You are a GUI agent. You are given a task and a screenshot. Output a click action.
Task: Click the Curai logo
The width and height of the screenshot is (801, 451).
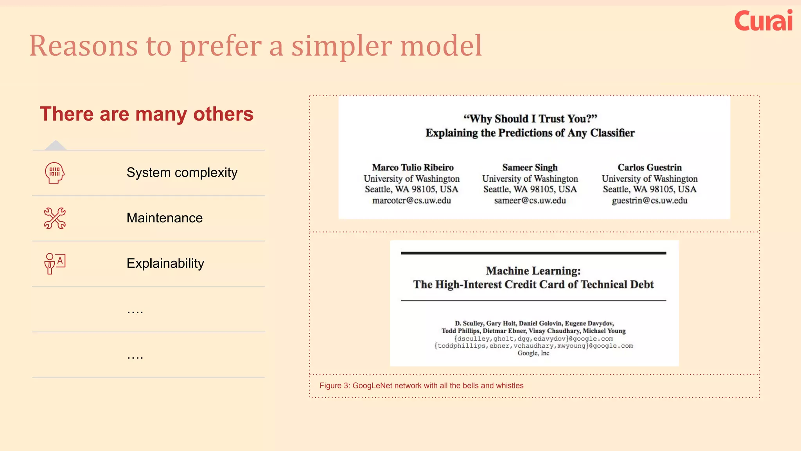click(x=763, y=21)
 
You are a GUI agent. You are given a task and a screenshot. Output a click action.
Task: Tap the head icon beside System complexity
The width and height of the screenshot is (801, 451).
click(x=55, y=173)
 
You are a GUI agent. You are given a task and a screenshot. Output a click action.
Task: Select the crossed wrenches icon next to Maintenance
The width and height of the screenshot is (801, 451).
click(x=55, y=218)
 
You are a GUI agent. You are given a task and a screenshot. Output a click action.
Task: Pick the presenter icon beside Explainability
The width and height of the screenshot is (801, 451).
click(x=55, y=263)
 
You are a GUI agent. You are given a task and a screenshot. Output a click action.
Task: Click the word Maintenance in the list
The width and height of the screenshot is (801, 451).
click(x=165, y=218)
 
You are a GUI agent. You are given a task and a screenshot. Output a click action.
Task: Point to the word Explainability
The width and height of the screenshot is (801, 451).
click(x=165, y=263)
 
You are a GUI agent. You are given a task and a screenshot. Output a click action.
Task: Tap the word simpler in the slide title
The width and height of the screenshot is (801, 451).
click(x=342, y=46)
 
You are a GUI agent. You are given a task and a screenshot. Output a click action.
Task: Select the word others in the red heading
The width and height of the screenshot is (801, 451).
click(x=223, y=114)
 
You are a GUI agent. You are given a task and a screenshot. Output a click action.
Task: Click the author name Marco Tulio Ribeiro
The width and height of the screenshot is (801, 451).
click(x=413, y=168)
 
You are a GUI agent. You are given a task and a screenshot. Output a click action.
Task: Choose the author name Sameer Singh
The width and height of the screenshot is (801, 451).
click(x=530, y=168)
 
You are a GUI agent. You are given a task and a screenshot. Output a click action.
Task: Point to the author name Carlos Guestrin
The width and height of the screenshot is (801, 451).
click(x=650, y=168)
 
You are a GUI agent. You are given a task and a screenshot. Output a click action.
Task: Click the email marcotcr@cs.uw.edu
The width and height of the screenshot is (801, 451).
click(x=411, y=201)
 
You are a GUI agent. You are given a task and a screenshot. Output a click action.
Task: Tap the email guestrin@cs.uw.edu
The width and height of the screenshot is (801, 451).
click(x=650, y=201)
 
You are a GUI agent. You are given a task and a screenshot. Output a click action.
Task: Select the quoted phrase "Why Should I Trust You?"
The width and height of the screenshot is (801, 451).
click(x=530, y=119)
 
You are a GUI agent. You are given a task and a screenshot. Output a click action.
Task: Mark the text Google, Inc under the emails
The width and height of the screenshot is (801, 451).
click(x=533, y=353)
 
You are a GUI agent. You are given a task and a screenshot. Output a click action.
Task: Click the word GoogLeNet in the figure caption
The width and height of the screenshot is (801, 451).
click(x=372, y=386)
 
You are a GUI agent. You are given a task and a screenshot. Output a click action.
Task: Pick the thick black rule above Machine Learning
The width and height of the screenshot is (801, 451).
click(x=533, y=253)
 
